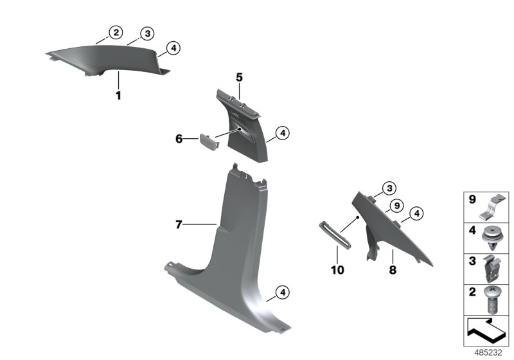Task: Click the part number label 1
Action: click(118, 95)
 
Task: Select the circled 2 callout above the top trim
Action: click(115, 32)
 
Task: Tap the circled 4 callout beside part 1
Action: click(172, 47)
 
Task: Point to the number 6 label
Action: click(179, 138)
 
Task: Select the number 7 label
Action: click(180, 224)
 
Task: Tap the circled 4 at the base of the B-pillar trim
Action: click(281, 293)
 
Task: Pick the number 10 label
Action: click(337, 271)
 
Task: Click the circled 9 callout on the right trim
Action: click(396, 206)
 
